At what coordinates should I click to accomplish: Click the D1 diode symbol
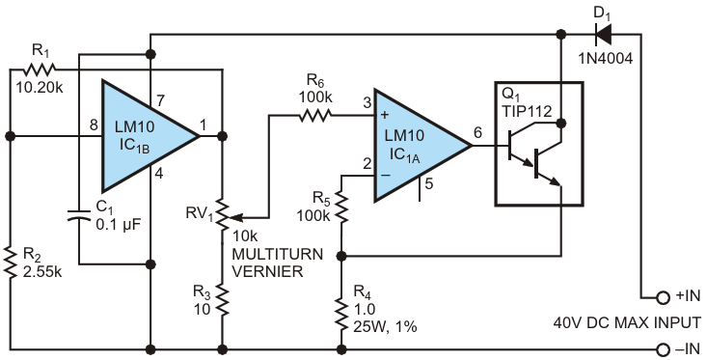click(x=603, y=34)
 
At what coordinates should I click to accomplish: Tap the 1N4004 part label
click(x=606, y=58)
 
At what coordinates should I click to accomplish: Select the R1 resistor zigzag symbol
click(x=40, y=69)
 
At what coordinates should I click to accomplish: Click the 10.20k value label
click(x=40, y=87)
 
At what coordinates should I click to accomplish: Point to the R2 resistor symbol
click(x=10, y=263)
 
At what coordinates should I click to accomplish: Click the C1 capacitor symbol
click(x=79, y=216)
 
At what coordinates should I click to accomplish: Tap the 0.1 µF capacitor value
click(x=119, y=224)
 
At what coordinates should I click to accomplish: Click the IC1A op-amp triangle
click(x=422, y=146)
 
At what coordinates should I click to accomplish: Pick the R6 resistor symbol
click(x=314, y=116)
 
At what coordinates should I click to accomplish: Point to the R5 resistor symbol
click(x=341, y=207)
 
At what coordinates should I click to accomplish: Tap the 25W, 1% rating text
click(x=385, y=326)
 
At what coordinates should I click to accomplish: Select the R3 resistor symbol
click(x=222, y=299)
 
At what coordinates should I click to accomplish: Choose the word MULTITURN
click(x=277, y=254)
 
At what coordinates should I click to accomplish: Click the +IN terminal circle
click(x=663, y=297)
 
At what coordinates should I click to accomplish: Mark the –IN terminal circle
click(x=663, y=349)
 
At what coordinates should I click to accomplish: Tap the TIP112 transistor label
click(x=527, y=111)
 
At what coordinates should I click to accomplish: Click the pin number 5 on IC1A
click(x=429, y=184)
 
